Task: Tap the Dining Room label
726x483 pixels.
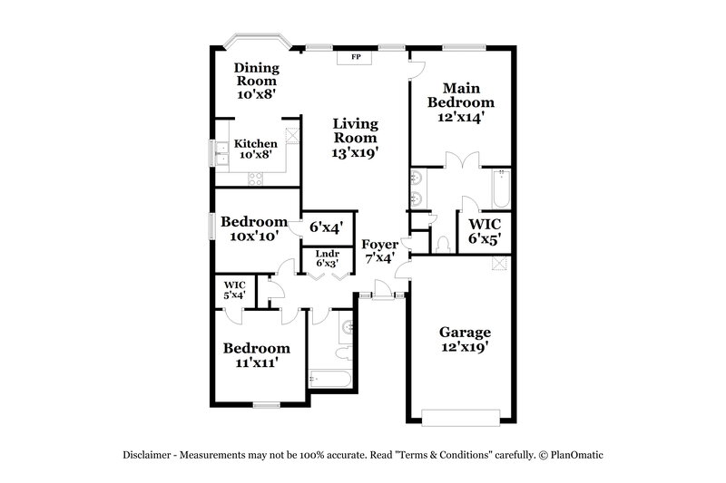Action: (x=257, y=80)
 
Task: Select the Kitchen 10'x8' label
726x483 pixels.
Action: (x=255, y=150)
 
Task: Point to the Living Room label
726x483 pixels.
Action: (x=354, y=139)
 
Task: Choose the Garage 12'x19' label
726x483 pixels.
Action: (x=465, y=340)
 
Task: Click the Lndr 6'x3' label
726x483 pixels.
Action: (x=327, y=259)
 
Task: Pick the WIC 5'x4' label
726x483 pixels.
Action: (x=234, y=289)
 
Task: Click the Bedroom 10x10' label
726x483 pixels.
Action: (x=254, y=228)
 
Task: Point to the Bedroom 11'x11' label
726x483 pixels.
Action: (x=257, y=354)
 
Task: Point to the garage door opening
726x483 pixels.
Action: (x=462, y=416)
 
